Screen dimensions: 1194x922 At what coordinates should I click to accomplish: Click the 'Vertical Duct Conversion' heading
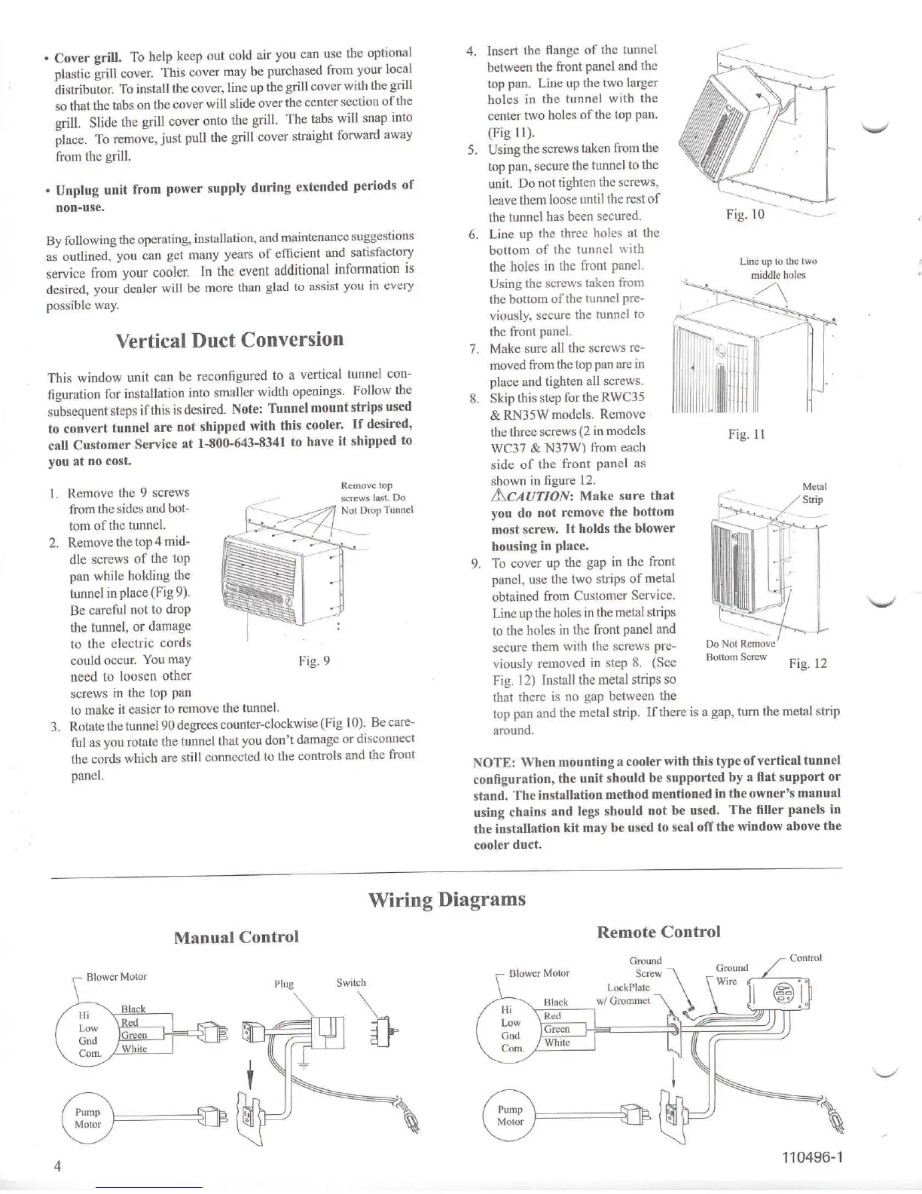coord(230,340)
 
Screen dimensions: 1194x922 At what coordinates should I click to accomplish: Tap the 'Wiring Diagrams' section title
coord(447,899)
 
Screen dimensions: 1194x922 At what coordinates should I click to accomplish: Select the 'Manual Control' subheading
coord(236,937)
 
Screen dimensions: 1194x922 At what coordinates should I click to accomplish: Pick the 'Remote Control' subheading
coord(658,932)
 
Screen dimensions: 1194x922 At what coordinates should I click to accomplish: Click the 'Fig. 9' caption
coord(314,661)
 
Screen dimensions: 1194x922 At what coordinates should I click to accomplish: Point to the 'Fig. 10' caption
coord(745,214)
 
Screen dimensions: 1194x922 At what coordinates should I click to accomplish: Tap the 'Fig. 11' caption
coord(746,434)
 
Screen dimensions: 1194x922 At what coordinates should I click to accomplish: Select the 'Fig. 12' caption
coord(808,663)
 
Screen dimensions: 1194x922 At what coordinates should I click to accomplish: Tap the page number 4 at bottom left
coord(57,1166)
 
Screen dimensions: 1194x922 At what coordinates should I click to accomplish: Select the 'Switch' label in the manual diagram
coord(351,983)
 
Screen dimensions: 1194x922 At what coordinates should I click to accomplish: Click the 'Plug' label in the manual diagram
coord(283,984)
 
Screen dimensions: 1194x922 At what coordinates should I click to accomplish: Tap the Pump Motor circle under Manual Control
coord(88,1118)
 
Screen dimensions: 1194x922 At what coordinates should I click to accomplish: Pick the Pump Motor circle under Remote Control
coord(510,1116)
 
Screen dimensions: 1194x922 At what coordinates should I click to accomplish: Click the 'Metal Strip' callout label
coord(814,493)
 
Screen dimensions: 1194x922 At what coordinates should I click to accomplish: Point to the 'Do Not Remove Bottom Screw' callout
coord(740,650)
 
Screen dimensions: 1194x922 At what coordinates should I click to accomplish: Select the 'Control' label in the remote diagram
coord(805,958)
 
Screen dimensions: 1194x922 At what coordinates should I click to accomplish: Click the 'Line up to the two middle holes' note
coord(778,268)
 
